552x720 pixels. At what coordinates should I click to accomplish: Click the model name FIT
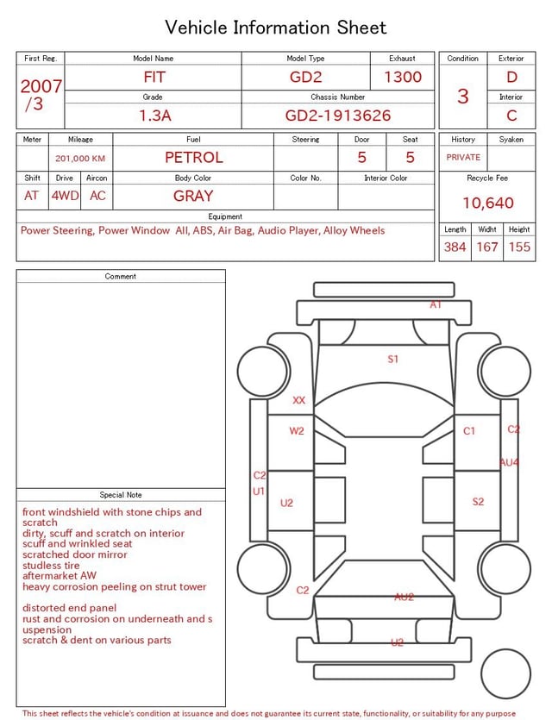point(154,77)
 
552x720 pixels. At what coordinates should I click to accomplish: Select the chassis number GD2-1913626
point(338,115)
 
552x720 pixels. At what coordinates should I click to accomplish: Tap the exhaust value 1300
point(403,77)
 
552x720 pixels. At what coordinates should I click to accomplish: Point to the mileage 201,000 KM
point(80,159)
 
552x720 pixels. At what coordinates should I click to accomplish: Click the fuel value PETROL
point(193,158)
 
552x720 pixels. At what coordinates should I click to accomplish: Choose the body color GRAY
point(193,196)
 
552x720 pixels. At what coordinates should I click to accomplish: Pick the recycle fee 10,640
point(488,203)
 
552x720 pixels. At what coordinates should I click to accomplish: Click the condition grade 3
point(463,97)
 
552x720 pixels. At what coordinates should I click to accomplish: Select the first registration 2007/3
point(41,95)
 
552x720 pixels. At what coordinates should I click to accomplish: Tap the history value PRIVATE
point(463,158)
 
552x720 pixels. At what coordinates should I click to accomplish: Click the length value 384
point(455,247)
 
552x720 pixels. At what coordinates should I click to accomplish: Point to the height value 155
point(519,247)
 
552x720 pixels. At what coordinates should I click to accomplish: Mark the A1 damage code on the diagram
point(436,304)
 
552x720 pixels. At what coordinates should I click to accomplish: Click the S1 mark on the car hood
point(393,359)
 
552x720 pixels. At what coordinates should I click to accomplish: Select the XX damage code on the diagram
point(299,400)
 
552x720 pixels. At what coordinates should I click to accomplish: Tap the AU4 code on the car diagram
point(509,462)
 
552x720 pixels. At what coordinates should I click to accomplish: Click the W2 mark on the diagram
point(297,430)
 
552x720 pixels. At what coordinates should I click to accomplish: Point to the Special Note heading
point(121,495)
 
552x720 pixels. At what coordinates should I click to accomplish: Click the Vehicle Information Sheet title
point(276,28)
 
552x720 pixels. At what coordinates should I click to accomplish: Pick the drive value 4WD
point(65,196)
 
